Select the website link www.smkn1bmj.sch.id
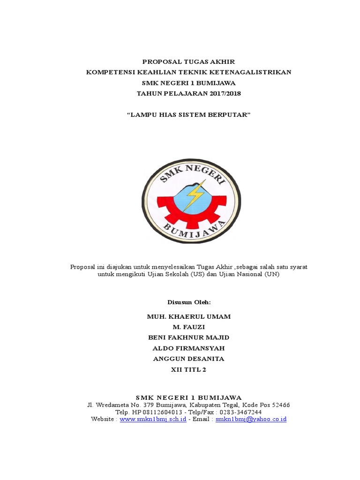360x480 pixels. coord(153,419)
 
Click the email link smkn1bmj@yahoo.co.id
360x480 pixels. coord(251,419)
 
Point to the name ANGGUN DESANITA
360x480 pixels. coord(189,359)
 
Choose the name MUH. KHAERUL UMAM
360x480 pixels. coord(189,316)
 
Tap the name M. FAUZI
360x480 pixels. coord(189,327)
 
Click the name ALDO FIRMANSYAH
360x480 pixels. coord(189,348)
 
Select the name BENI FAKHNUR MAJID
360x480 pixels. coord(189,337)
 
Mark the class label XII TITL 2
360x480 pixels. coord(189,369)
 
